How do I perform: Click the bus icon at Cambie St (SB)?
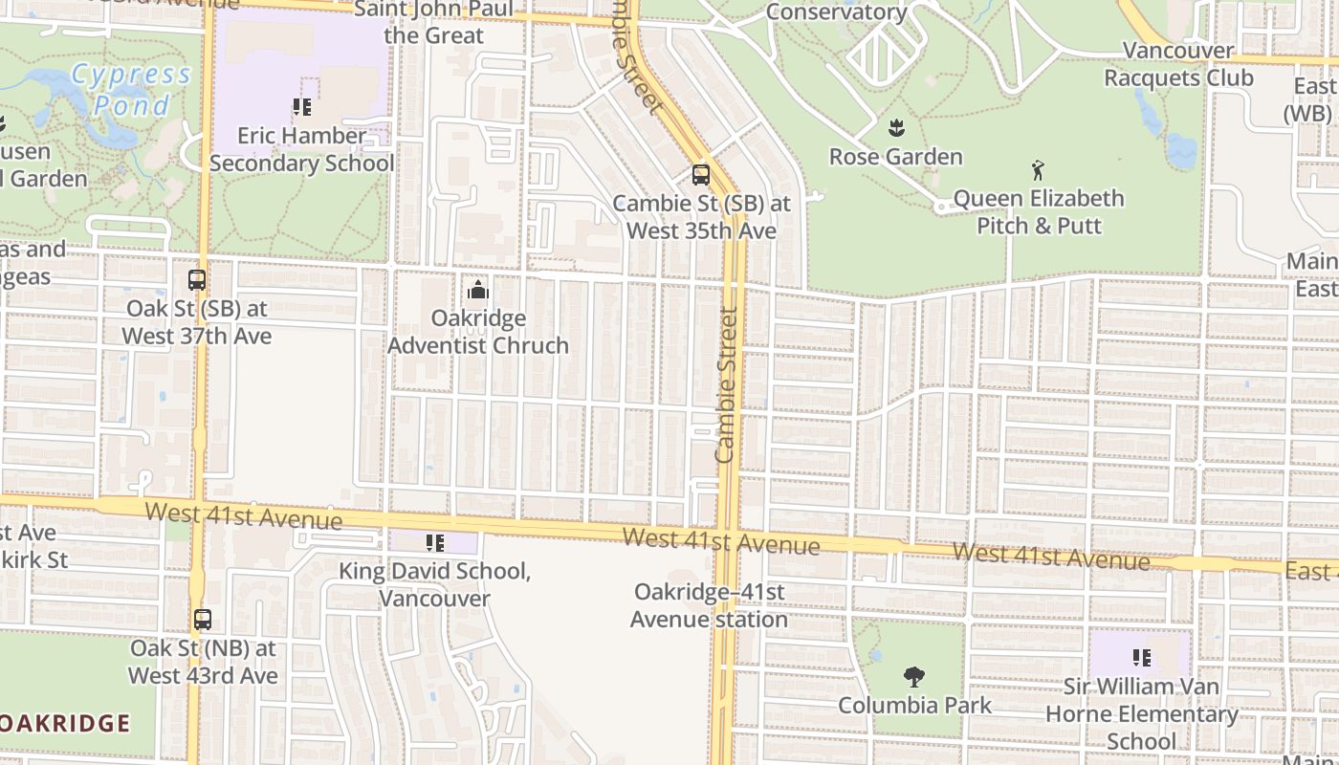click(701, 175)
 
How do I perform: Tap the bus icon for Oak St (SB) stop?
click(197, 280)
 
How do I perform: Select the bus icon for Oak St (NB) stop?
click(203, 620)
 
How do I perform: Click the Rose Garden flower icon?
click(896, 127)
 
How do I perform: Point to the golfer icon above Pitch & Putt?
click(1039, 171)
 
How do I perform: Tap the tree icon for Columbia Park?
click(914, 677)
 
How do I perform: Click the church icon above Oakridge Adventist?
click(477, 290)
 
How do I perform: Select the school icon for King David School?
click(435, 543)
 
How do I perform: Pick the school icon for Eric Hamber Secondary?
click(302, 107)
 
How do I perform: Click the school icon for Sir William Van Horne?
click(1141, 658)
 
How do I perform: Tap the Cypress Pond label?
click(132, 89)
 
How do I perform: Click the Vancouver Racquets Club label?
click(1178, 64)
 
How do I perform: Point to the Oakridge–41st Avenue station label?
click(709, 605)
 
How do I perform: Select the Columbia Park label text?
click(914, 706)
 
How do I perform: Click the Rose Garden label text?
click(895, 157)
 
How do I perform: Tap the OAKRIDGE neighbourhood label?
click(65, 723)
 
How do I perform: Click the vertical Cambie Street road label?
click(727, 384)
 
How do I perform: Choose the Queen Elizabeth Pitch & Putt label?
click(1039, 212)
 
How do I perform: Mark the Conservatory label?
click(836, 12)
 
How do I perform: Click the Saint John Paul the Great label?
click(434, 23)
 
